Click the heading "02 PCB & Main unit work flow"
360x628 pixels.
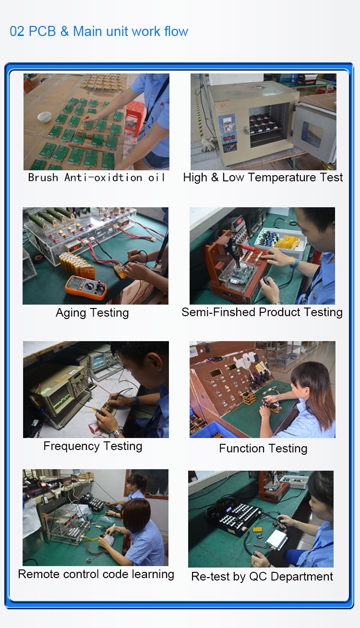pyautogui.click(x=99, y=31)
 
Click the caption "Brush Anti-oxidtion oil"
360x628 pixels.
pyautogui.click(x=96, y=178)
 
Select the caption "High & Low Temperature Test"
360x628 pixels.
pyautogui.click(x=263, y=177)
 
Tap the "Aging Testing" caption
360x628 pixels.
pyautogui.click(x=92, y=313)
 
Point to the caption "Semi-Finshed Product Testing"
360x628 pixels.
pyautogui.click(x=262, y=312)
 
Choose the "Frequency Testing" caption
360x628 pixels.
pyautogui.click(x=93, y=446)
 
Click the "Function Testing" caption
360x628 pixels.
pyautogui.click(x=263, y=448)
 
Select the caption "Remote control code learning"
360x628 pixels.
pyautogui.click(x=96, y=574)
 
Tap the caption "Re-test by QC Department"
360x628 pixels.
pyautogui.click(x=262, y=576)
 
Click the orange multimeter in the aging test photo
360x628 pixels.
pyautogui.click(x=86, y=287)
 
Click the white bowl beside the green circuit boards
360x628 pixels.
pyautogui.click(x=45, y=117)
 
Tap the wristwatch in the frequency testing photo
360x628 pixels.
pyautogui.click(x=116, y=433)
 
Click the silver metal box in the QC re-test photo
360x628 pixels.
pyautogui.click(x=276, y=539)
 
